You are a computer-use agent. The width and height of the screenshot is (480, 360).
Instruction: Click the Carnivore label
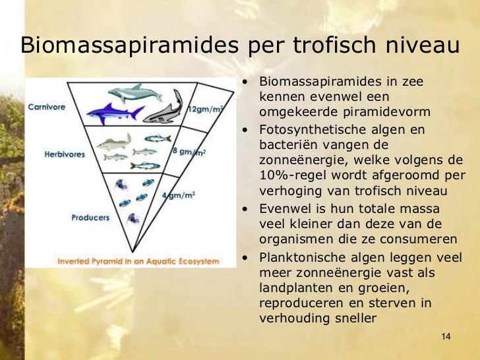pyautogui.click(x=46, y=107)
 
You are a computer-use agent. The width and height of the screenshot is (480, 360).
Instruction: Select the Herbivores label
pyautogui.click(x=64, y=154)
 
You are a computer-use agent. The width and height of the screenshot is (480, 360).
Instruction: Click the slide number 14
pyautogui.click(x=446, y=338)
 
